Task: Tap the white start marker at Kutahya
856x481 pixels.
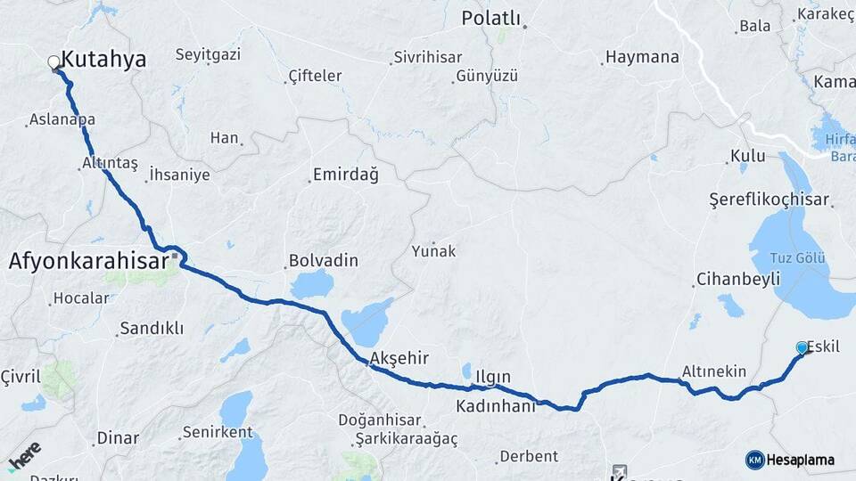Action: [x=53, y=62]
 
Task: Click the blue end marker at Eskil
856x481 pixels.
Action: [x=802, y=348]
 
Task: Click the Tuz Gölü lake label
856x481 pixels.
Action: [x=797, y=258]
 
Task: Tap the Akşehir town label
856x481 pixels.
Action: [x=399, y=357]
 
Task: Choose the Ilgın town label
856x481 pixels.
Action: [x=493, y=377]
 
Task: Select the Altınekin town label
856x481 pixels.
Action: [x=713, y=371]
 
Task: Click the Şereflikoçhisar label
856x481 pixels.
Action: [x=769, y=200]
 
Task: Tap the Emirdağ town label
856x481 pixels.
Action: [x=345, y=175]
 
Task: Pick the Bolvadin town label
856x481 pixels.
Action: [x=323, y=261]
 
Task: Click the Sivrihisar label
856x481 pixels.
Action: [x=428, y=57]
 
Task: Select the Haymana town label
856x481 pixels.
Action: [x=642, y=57]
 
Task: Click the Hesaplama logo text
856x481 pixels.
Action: [x=800, y=460]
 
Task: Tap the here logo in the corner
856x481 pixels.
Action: [x=24, y=453]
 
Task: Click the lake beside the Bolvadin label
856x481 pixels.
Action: [x=311, y=285]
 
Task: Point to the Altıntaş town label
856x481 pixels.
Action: [x=110, y=163]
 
